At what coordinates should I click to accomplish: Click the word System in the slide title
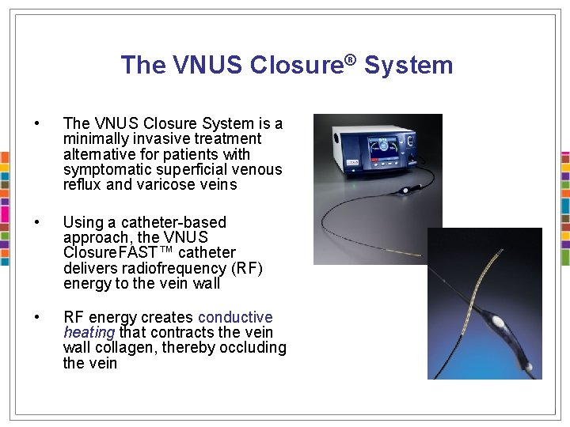[x=409, y=65]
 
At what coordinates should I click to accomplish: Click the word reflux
[x=82, y=184]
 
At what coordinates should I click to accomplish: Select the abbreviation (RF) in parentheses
[x=247, y=268]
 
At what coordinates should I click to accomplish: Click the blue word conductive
[x=235, y=317]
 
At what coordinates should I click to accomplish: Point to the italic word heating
[x=89, y=333]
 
